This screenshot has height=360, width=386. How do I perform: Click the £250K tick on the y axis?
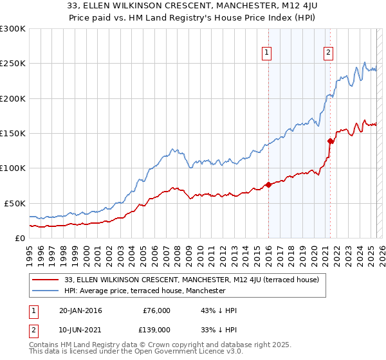click(14, 64)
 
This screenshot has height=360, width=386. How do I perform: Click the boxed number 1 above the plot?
click(266, 53)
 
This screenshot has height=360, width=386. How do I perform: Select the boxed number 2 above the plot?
click(328, 53)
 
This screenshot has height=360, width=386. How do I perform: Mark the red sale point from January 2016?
click(268, 185)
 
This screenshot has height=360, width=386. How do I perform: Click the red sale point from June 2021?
click(330, 141)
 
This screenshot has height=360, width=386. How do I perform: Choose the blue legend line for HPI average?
click(46, 291)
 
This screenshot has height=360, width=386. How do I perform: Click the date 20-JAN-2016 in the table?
click(80, 310)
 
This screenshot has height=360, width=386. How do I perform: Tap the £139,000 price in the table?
click(156, 329)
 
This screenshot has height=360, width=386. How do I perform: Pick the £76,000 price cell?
click(156, 310)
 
